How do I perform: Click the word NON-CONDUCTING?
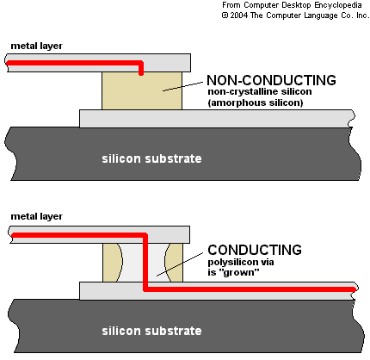tap(271, 80)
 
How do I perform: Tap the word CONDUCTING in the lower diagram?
tap(255, 250)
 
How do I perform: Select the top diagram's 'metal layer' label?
tap(36, 46)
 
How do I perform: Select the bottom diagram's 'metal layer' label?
tap(36, 216)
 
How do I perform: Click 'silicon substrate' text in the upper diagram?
tap(151, 158)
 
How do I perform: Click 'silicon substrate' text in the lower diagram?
tap(151, 331)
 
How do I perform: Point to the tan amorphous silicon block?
tap(142, 90)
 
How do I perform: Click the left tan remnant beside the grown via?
tap(113, 263)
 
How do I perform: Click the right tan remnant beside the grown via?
tap(174, 263)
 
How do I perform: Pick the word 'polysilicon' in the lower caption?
tap(233, 263)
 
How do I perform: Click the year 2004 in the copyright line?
tap(235, 16)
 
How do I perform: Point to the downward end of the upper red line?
tap(141, 73)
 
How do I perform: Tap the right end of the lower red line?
tap(355, 289)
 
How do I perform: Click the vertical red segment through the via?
tap(145, 263)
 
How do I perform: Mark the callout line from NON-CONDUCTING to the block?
tap(182, 87)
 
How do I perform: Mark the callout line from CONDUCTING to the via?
tap(180, 264)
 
